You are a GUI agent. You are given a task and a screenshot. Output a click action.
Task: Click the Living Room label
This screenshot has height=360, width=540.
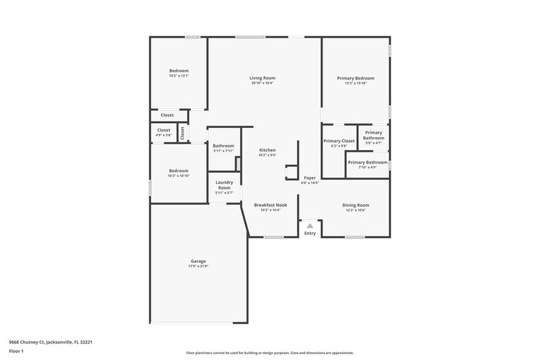(262, 78)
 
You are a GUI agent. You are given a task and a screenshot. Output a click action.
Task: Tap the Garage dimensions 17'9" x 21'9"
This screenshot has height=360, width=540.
(198, 266)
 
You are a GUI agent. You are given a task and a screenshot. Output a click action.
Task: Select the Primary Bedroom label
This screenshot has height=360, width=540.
(355, 78)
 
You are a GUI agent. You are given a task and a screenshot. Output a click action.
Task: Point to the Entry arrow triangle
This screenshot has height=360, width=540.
(310, 226)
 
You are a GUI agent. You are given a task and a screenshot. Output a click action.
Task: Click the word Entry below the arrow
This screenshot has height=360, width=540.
(310, 233)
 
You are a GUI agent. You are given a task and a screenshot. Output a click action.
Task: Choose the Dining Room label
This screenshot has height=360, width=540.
(355, 205)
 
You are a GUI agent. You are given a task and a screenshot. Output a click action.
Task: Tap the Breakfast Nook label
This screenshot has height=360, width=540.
(270, 205)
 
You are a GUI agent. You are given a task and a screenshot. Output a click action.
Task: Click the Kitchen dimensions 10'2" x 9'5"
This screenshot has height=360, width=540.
(267, 156)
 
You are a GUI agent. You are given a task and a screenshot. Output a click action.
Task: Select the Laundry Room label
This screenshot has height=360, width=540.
(224, 184)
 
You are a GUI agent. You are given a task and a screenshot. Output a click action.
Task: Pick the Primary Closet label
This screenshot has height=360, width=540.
(339, 141)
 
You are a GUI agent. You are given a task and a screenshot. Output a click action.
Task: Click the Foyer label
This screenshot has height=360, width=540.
(310, 178)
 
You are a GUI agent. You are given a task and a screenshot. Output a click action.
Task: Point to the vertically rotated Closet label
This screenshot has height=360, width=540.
(182, 132)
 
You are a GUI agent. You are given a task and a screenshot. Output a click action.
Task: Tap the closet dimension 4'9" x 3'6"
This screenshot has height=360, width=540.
(163, 135)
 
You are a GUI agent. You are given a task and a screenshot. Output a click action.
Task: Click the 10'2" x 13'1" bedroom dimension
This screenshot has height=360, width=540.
(179, 76)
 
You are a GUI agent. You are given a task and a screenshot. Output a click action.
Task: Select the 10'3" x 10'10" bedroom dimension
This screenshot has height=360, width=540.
(179, 176)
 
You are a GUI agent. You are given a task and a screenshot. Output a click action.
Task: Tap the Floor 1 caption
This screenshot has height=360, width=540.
(16, 351)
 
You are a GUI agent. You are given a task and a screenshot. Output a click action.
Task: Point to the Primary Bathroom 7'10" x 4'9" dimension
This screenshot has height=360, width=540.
(367, 167)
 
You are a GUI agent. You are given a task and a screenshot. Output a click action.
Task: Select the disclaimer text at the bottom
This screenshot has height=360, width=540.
(269, 353)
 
